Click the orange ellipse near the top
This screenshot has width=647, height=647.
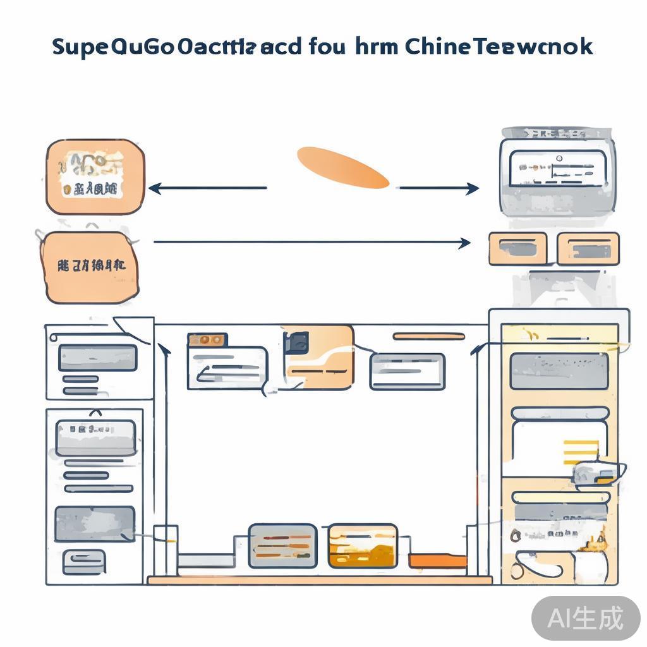[343, 167]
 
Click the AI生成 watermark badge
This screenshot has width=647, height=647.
[585, 617]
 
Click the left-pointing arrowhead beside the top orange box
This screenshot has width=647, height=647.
[154, 188]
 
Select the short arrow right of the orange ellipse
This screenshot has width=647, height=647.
[438, 188]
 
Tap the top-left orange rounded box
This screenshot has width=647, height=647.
[95, 177]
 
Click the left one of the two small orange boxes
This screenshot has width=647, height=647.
[517, 248]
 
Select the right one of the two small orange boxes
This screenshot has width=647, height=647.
[588, 248]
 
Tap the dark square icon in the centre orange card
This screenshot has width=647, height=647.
[296, 343]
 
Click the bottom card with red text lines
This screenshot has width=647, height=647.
[282, 545]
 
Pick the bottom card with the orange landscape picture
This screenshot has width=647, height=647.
[362, 545]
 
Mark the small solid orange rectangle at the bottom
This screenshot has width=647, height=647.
[437, 560]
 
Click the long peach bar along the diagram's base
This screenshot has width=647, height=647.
[319, 579]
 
